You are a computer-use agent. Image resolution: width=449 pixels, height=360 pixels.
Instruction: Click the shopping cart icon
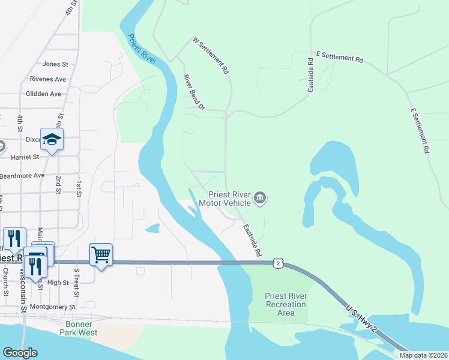(101, 254)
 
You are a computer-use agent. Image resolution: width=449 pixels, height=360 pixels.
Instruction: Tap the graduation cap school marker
(52, 139)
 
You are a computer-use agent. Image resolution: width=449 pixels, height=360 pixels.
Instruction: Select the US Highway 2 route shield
(276, 263)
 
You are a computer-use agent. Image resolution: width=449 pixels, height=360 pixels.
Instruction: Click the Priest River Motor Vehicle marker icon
(260, 198)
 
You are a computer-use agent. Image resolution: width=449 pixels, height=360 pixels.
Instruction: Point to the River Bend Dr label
(194, 93)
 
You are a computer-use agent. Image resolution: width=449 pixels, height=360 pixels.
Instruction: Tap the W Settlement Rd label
(211, 56)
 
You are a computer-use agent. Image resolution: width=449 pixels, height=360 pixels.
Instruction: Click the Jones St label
(55, 64)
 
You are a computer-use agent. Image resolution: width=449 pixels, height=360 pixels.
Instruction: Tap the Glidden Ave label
(44, 94)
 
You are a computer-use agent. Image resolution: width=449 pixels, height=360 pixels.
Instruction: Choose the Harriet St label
(25, 157)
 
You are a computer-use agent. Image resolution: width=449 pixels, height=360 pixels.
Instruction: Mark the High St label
(58, 283)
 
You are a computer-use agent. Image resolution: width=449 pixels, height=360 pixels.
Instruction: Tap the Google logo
(20, 353)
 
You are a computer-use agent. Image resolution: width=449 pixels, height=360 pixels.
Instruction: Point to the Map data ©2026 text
(423, 355)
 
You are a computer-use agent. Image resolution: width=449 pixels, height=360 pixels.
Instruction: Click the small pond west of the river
(152, 228)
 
